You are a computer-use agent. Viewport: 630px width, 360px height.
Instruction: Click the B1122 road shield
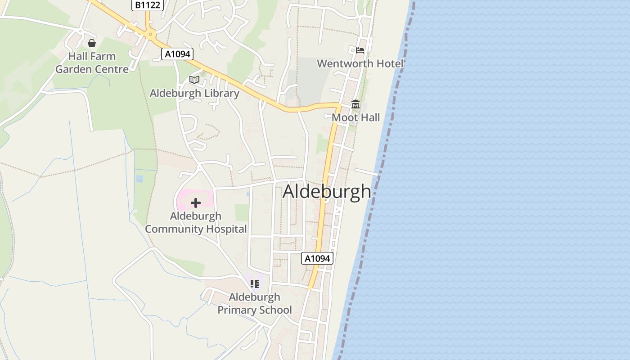148,5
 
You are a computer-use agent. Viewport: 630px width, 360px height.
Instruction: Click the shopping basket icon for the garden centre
92,43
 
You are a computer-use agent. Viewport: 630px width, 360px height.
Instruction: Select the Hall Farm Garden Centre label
92,63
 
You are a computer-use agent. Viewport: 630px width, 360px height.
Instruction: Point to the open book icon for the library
194,80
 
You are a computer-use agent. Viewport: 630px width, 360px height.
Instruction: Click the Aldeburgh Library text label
194,93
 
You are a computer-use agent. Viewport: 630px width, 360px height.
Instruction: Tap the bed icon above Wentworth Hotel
360,50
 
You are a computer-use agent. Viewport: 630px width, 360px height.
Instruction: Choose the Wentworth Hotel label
360,63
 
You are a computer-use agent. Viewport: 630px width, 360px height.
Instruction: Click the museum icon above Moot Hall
355,104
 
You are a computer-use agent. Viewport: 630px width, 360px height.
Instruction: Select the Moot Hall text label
355,117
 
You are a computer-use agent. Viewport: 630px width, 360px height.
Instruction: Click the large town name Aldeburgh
327,192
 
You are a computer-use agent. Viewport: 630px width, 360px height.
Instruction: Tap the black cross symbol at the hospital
196,203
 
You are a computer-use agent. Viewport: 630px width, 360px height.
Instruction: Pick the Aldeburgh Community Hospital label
196,222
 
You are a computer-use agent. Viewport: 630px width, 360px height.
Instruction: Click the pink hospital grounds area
184,198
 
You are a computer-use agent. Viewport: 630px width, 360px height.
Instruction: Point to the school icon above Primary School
255,283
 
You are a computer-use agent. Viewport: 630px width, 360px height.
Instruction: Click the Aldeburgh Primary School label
255,303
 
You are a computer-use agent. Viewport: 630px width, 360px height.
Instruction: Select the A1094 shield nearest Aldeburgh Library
177,54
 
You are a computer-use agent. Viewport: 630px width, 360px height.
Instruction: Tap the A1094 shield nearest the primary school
317,258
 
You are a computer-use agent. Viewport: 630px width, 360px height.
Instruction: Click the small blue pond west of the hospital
139,179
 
